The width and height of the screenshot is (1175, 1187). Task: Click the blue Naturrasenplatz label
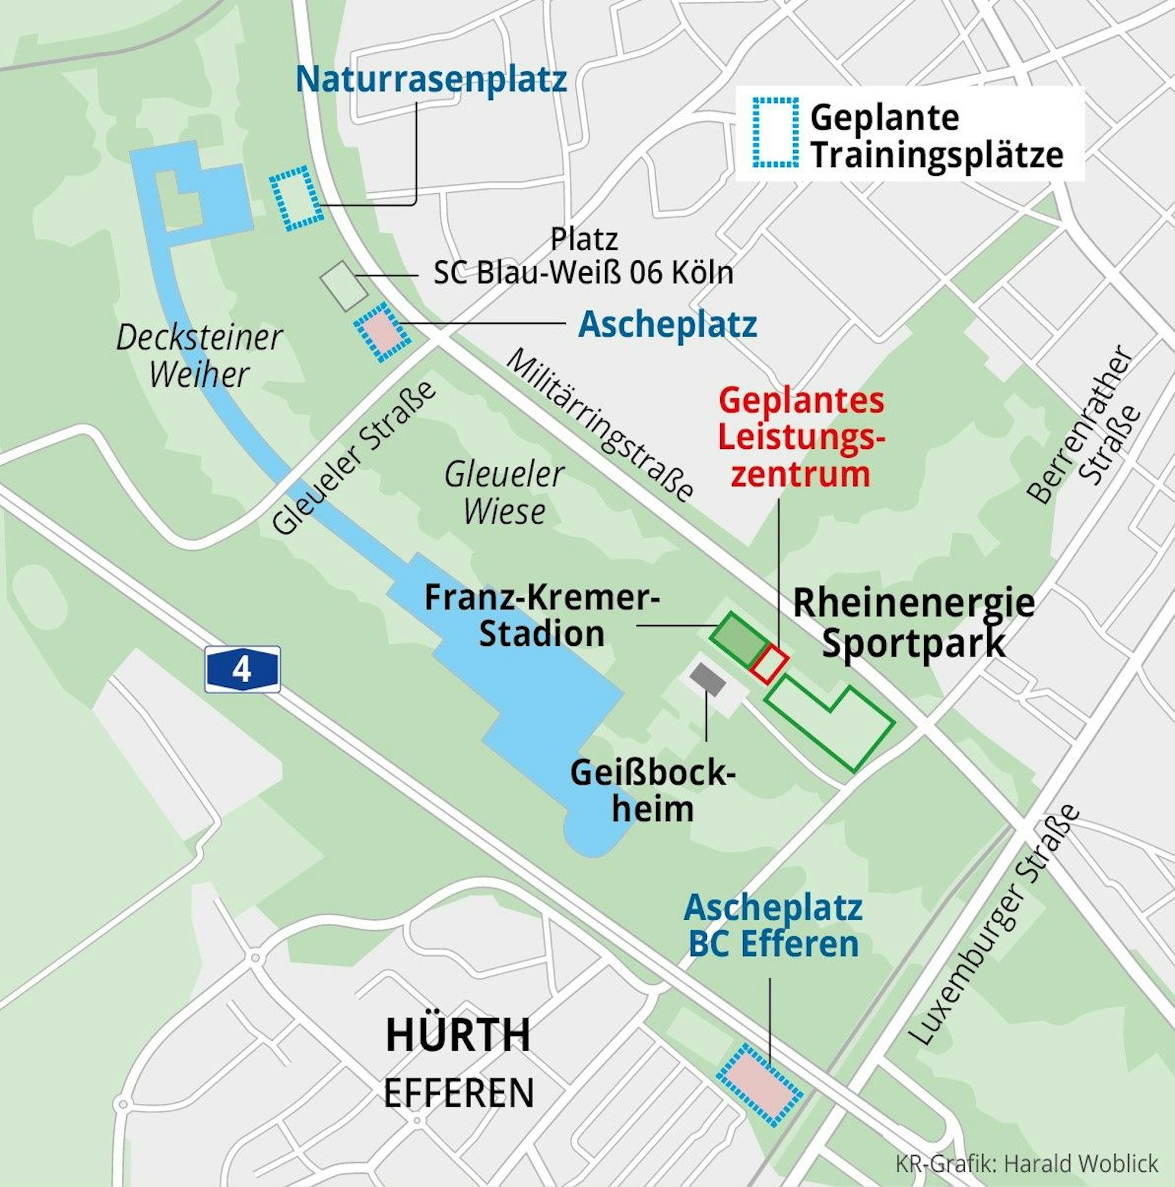431,80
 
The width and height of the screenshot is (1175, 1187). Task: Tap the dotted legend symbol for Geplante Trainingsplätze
776,132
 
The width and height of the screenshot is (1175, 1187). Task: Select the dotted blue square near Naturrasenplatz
296,199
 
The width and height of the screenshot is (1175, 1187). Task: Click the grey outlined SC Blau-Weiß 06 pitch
343,285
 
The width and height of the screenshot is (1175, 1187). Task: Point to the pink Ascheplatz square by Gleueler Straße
382,332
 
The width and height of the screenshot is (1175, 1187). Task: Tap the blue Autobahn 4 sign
243,670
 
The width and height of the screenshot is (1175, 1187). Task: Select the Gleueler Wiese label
504,494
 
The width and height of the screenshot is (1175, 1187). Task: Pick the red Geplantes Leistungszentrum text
801,438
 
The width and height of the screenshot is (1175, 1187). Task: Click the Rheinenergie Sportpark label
914,623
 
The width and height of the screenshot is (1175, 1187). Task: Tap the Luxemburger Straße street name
995,925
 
